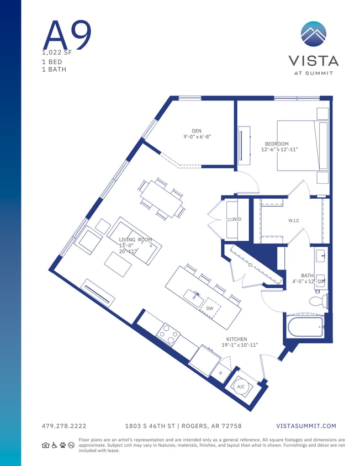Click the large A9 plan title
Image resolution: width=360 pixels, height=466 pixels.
[x=66, y=34]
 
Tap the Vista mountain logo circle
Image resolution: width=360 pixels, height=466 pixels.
[x=314, y=34]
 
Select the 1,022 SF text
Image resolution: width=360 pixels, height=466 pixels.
[x=57, y=53]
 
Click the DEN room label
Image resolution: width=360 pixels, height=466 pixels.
[x=197, y=131]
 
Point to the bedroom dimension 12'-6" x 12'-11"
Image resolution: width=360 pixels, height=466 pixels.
[x=279, y=150]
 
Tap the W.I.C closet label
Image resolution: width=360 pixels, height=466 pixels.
[x=293, y=221]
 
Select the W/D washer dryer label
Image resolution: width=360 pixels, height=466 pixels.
[x=237, y=219]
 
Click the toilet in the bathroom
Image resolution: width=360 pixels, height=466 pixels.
[x=319, y=301]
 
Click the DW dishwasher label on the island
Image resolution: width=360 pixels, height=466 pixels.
[x=210, y=309]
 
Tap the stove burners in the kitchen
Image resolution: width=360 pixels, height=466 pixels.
[x=168, y=335]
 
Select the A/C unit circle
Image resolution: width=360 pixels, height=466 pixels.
[x=241, y=387]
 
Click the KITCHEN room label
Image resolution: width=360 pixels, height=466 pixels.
[x=236, y=339]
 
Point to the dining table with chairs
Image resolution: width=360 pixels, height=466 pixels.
[x=161, y=199]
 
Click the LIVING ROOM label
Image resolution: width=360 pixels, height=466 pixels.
[x=136, y=240]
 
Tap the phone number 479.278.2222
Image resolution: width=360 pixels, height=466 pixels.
[x=63, y=426]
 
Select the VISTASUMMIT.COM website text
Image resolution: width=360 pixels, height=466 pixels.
[x=305, y=426]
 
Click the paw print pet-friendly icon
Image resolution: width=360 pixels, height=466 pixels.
[x=63, y=445]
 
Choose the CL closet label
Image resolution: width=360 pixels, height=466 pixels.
[x=250, y=266]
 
